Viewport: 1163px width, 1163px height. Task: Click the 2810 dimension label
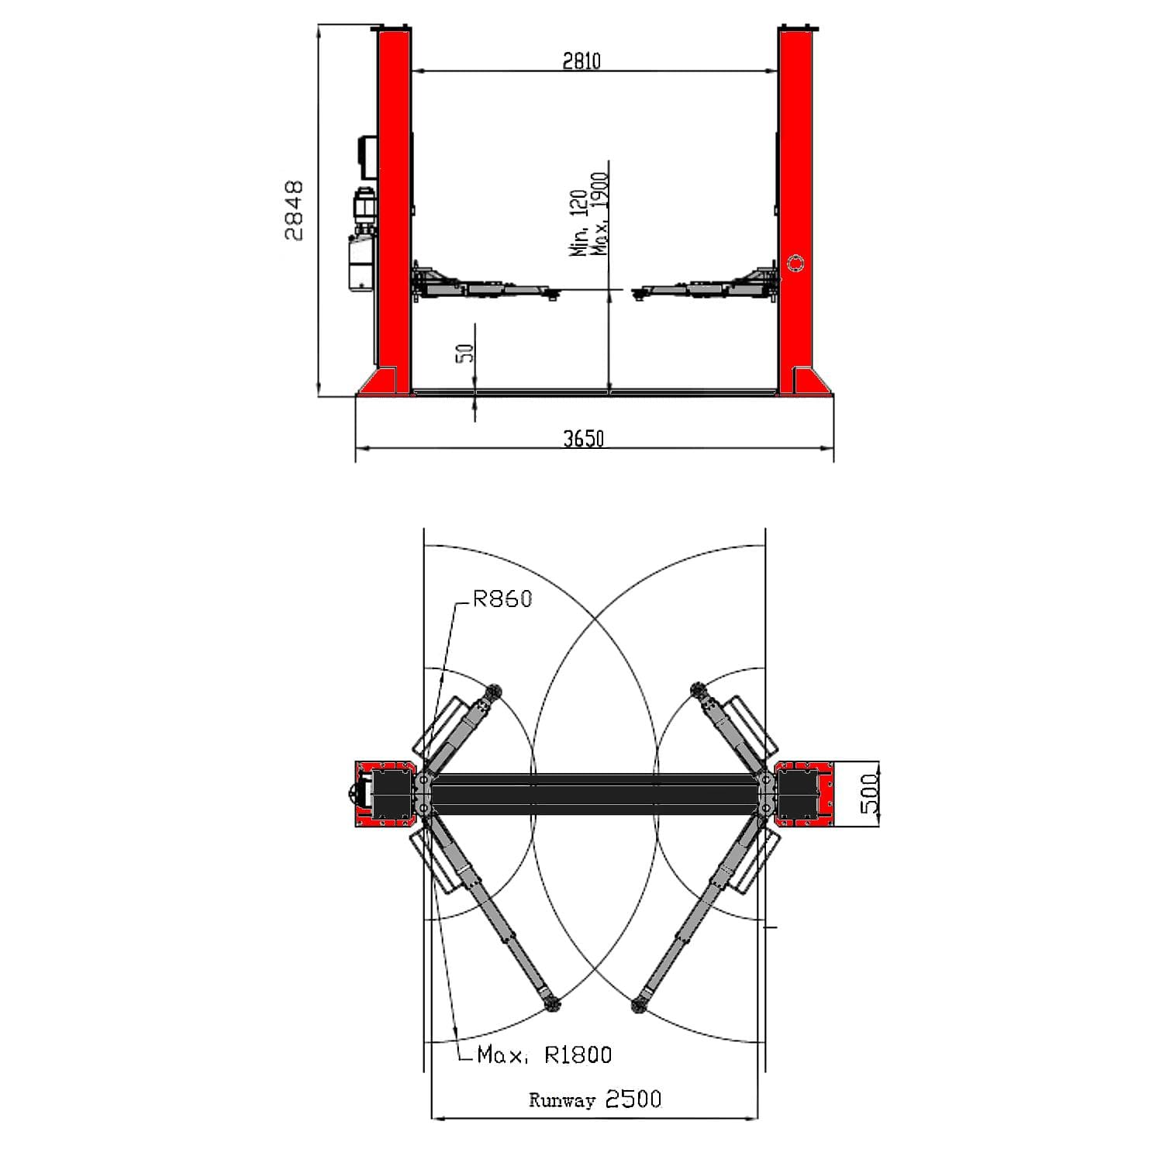pos(581,60)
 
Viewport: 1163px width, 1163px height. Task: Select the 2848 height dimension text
pos(294,210)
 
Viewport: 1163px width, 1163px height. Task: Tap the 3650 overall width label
pos(583,439)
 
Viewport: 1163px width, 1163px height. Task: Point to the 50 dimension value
pos(465,353)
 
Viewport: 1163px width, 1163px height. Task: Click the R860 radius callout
pos(503,599)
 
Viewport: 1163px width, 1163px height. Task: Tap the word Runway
pos(562,1100)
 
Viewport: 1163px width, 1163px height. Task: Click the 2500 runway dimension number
pos(633,1099)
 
